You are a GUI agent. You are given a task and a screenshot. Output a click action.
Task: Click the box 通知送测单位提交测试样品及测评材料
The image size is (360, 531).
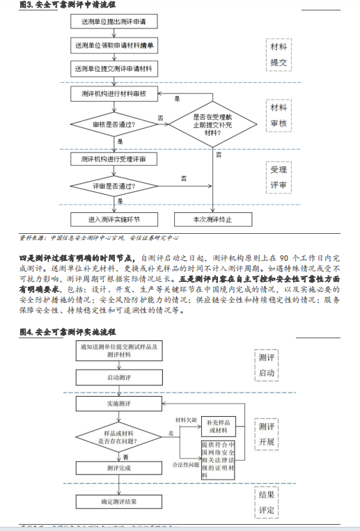(x=118, y=351)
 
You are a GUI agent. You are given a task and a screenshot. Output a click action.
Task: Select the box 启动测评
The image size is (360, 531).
(x=118, y=378)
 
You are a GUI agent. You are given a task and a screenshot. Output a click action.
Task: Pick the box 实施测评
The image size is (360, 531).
(x=118, y=404)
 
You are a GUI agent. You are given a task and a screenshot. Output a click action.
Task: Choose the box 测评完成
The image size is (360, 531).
(x=118, y=469)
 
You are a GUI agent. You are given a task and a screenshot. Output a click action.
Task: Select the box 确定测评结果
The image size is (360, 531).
(x=118, y=501)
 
